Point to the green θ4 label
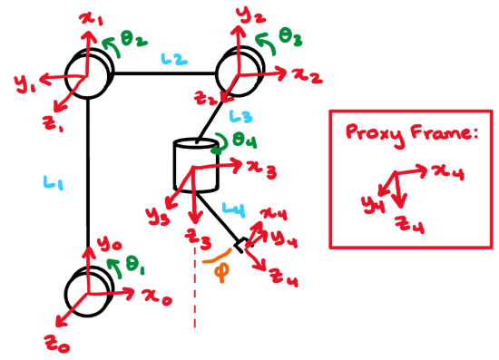click(242, 142)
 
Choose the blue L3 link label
click(241, 116)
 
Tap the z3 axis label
click(200, 239)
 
